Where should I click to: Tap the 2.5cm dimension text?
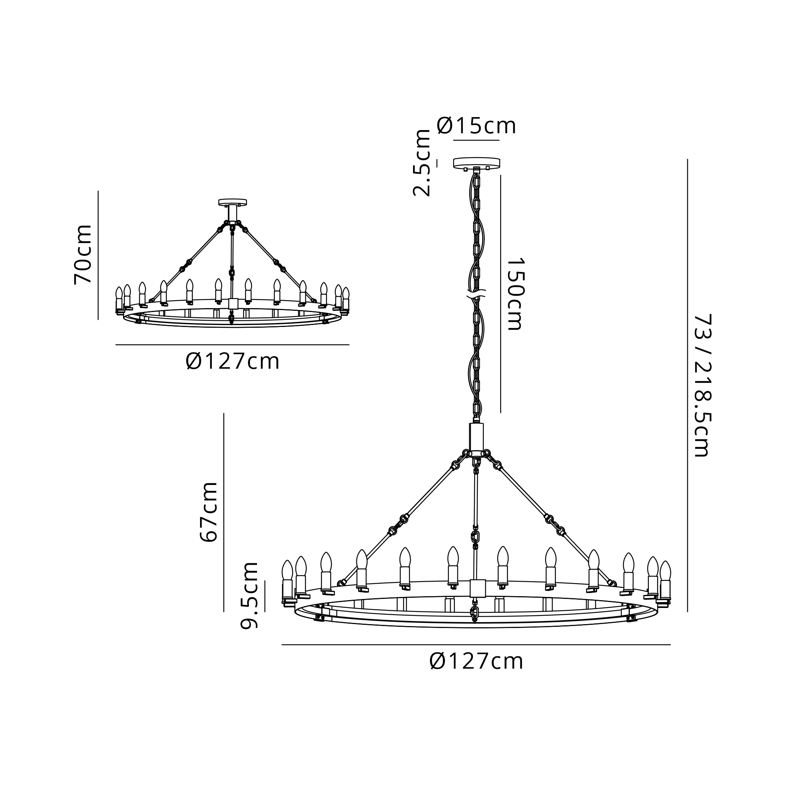pos(422,163)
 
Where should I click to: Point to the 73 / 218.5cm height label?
pos(702,385)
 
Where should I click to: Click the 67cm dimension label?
pos(209,512)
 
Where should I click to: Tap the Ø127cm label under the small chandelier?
pos(233,361)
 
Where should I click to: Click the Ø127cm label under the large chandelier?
pos(476,661)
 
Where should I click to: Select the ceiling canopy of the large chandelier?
pos(476,163)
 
